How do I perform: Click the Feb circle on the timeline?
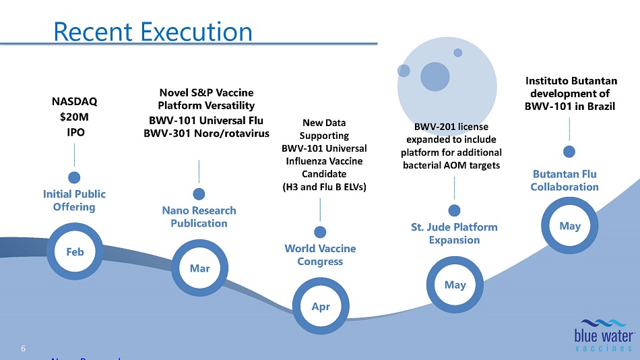[x=75, y=251]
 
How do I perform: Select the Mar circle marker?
[x=199, y=268]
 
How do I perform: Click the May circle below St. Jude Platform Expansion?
[x=455, y=284]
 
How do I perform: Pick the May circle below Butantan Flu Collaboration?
[x=569, y=226]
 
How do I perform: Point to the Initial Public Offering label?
[x=75, y=200]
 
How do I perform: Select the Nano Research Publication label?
[x=199, y=217]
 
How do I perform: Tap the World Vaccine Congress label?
[x=320, y=255]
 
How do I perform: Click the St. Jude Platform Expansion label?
[x=454, y=233]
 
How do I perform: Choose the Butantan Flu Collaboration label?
[x=565, y=180]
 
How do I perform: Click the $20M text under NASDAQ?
[x=75, y=117]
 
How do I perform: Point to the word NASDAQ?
[x=75, y=102]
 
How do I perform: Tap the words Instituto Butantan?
[x=570, y=81]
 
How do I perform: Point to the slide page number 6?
[x=24, y=349]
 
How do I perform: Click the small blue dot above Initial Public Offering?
[x=75, y=177]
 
